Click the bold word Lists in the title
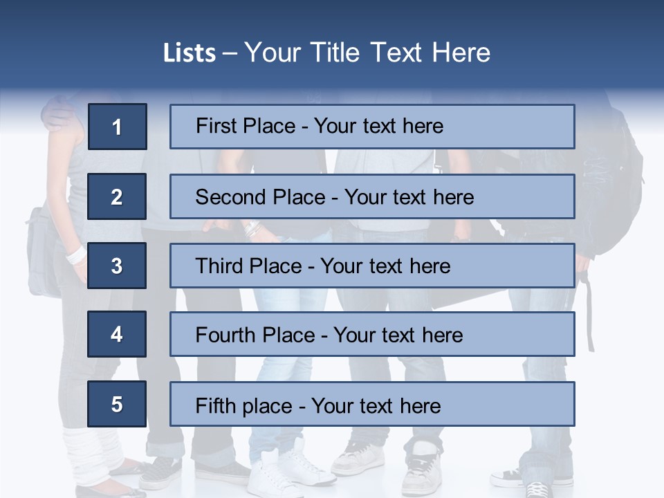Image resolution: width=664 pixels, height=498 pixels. [189, 53]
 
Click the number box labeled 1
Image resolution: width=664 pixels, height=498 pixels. [118, 127]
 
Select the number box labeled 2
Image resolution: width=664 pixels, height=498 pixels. [117, 196]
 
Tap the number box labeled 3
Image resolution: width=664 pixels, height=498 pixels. [117, 266]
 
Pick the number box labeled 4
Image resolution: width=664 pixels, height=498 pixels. [117, 335]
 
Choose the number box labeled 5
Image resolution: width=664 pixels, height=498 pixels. [117, 404]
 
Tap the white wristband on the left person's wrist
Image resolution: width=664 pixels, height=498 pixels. [75, 255]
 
